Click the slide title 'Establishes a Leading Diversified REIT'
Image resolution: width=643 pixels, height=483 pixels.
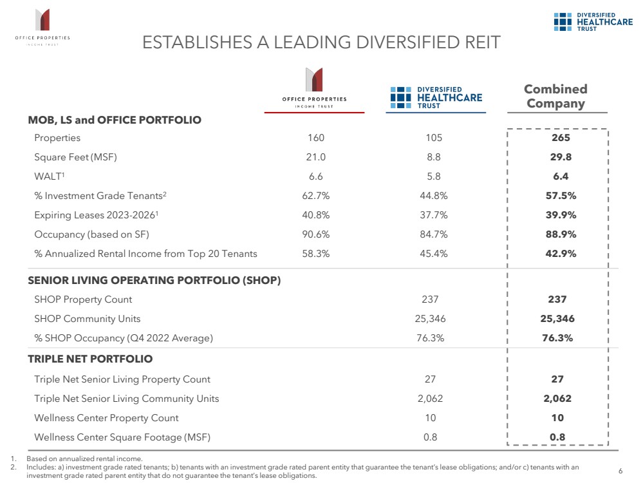[x=321, y=43]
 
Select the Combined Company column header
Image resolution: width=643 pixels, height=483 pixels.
[x=555, y=96]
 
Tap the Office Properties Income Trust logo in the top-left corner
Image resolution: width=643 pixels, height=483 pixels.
[x=42, y=27]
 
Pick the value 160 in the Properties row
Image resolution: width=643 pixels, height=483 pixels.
[x=316, y=138]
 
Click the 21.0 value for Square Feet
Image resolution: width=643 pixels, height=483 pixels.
[x=316, y=157]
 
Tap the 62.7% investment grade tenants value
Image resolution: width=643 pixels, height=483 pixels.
[x=316, y=196]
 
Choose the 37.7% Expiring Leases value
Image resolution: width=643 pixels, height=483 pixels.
[x=434, y=215]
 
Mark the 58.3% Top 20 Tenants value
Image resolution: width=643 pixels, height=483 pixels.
[x=316, y=254]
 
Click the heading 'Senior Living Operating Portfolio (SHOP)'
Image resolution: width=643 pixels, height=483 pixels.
[x=154, y=280]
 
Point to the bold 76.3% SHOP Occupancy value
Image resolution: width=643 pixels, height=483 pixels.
[x=557, y=338]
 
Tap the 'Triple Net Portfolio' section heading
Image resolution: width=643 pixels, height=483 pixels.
[x=90, y=359]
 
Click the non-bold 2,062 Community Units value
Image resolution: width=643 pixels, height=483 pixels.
[x=431, y=399]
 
